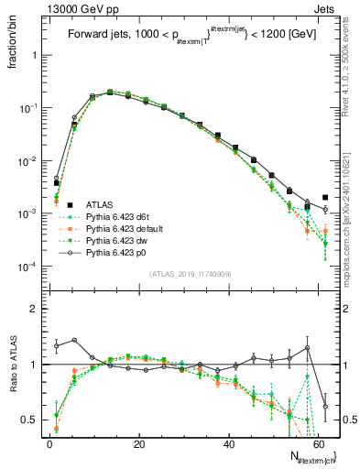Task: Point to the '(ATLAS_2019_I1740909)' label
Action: [x=190, y=273]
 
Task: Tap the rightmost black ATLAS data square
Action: [x=325, y=197]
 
